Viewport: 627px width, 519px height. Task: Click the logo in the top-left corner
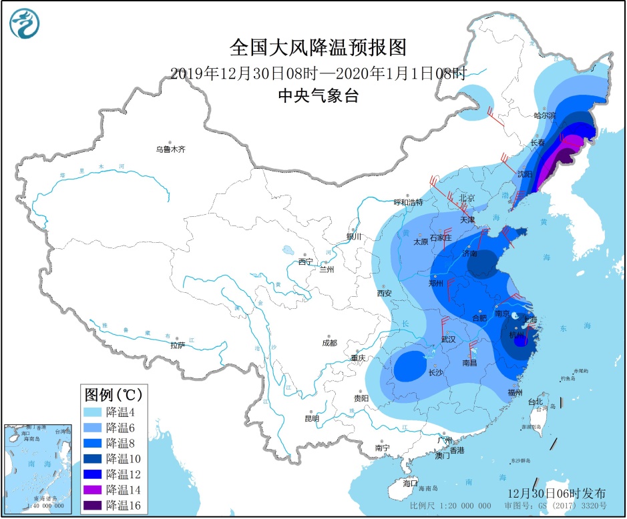[25, 24]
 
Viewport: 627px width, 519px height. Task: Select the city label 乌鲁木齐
[170, 149]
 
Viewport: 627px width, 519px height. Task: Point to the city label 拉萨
[177, 345]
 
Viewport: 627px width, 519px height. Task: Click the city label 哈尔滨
[544, 115]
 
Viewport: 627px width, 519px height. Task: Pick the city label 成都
[329, 343]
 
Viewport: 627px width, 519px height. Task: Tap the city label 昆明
[311, 418]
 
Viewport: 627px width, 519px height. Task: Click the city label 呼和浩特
[408, 202]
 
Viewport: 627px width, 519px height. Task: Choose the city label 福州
[515, 392]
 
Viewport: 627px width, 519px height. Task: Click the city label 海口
[410, 482]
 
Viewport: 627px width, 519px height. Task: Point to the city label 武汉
[449, 340]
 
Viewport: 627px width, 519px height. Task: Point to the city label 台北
[536, 402]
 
